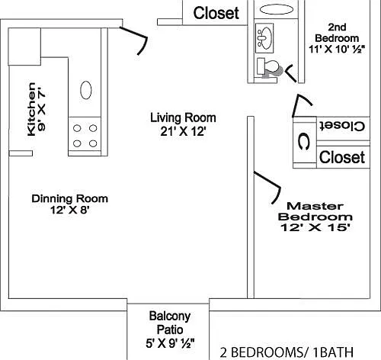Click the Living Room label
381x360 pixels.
183,117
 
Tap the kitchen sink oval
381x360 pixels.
86,90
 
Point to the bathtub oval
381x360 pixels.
277,9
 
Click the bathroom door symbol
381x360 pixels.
290,72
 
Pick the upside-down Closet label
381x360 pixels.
342,126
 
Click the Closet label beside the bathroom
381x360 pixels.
216,13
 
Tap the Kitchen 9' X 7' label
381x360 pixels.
37,109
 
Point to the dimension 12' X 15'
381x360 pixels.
315,227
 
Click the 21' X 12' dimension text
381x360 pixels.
183,132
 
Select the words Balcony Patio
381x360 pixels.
170,323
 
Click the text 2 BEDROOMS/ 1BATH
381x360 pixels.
287,352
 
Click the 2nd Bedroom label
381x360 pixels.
337,33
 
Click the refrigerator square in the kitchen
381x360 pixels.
24,47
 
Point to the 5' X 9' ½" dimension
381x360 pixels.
170,343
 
